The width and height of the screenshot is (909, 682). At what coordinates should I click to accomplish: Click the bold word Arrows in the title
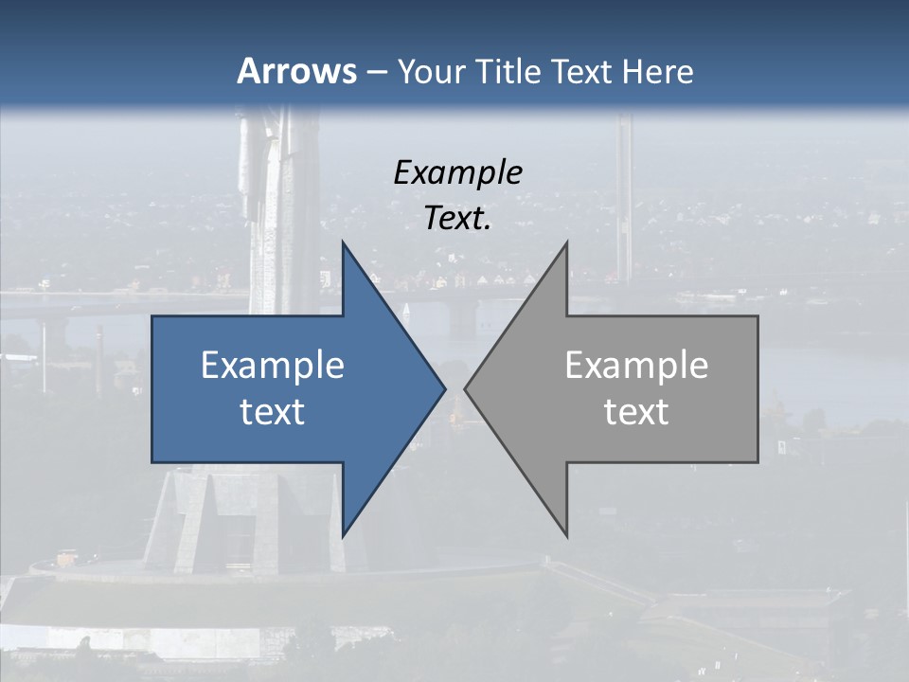295,71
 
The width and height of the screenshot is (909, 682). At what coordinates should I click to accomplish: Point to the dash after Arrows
376,73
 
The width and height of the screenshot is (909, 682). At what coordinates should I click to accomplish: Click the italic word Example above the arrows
457,172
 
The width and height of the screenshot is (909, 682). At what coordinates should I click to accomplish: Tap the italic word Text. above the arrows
457,219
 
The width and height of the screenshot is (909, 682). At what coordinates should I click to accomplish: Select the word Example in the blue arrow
272,365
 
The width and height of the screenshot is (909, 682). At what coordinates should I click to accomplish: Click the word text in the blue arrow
272,412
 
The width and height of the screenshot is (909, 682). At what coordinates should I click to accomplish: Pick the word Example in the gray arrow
636,365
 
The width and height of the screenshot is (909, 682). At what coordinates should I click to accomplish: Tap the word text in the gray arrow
636,412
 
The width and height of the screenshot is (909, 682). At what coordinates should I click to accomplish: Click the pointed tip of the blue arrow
443,388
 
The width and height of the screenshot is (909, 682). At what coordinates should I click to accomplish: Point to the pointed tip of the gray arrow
467,388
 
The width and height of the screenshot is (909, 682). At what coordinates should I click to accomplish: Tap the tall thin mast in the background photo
624,189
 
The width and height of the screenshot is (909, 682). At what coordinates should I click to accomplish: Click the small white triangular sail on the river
407,310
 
